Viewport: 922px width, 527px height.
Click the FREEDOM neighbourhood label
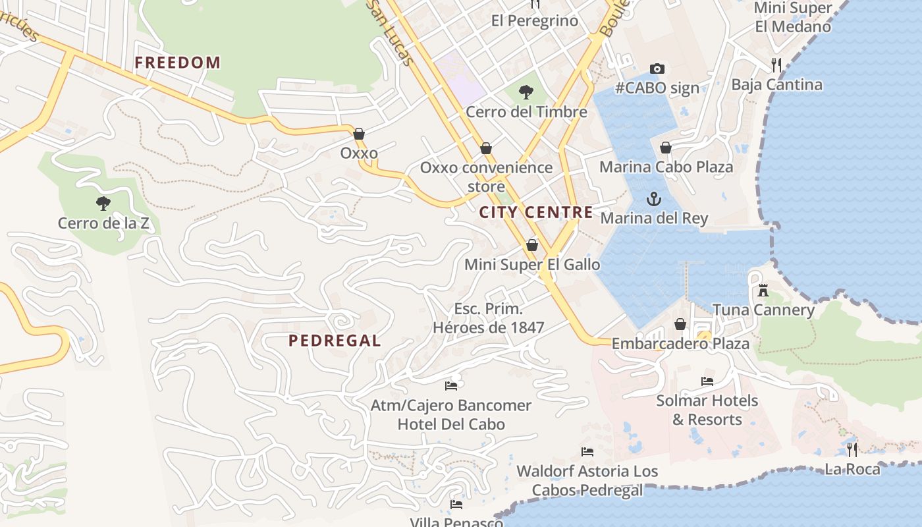point(177,63)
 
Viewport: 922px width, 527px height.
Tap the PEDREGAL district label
point(335,341)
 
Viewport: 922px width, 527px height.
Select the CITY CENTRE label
point(535,212)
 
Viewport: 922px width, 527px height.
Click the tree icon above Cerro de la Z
point(103,203)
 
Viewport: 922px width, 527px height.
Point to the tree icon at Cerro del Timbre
point(526,92)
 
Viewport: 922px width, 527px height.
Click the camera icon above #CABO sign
point(657,69)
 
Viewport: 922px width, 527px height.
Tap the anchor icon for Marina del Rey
point(653,198)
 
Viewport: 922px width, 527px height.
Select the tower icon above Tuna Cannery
point(763,290)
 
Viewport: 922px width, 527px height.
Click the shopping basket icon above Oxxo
point(359,134)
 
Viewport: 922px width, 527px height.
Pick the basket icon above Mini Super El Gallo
point(532,245)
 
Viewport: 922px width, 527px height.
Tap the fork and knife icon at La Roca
point(852,449)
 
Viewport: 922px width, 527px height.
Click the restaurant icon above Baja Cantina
point(776,65)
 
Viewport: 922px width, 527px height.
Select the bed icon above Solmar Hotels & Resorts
point(707,381)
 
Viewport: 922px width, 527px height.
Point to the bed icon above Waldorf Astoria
point(587,451)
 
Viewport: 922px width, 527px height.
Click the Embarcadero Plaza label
point(680,344)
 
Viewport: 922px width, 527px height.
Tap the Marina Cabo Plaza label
point(666,167)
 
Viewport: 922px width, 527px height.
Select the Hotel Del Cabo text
point(451,424)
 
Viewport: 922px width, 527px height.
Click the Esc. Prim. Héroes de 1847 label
point(488,318)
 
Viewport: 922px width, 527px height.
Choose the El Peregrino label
point(534,21)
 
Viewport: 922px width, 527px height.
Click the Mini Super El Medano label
point(793,18)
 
